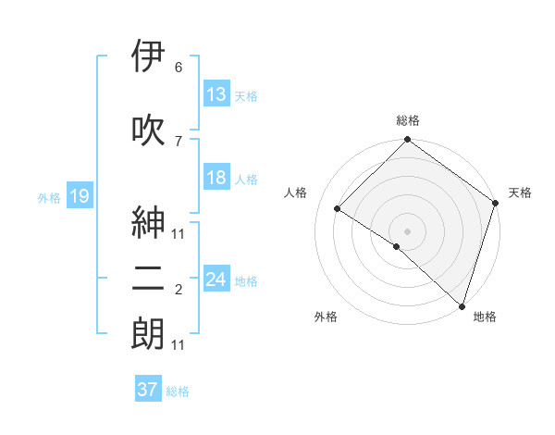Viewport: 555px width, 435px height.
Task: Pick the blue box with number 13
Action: tap(216, 94)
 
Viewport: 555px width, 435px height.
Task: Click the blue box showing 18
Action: tap(216, 178)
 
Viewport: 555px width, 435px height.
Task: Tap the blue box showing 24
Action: tap(216, 280)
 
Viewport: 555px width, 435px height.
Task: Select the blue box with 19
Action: tap(79, 196)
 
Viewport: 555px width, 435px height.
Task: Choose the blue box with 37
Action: tap(147, 390)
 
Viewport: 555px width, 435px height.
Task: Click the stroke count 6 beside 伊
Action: tap(179, 68)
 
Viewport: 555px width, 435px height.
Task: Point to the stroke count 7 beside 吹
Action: tap(179, 140)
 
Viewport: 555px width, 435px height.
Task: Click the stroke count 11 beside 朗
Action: tap(179, 345)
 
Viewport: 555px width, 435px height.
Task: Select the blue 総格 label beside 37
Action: tap(178, 391)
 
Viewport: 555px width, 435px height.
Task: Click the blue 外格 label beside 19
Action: tap(49, 197)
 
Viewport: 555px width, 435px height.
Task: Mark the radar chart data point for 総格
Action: tap(407, 141)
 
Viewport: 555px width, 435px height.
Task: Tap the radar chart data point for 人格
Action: tap(338, 209)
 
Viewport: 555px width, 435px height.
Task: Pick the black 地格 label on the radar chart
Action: tap(485, 317)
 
